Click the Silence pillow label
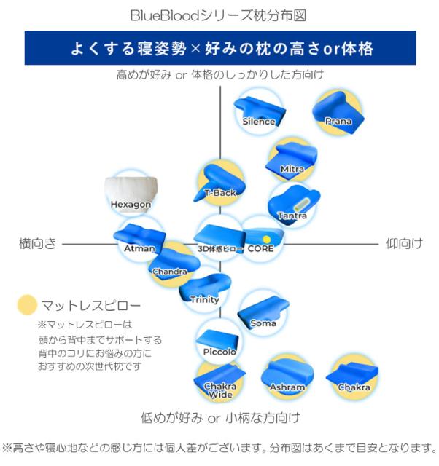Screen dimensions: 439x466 (259, 122)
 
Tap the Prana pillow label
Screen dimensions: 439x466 (338, 121)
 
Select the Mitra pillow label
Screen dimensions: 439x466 (292, 169)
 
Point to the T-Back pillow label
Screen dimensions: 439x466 (220, 193)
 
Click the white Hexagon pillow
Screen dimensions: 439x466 (131, 194)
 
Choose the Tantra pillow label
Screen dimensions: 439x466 (292, 216)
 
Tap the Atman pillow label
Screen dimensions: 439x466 (139, 248)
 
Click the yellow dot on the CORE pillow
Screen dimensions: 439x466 (267, 240)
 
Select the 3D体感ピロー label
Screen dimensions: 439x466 (221, 249)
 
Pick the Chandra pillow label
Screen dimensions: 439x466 (170, 272)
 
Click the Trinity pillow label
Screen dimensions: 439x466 (205, 299)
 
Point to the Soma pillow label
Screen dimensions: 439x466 (263, 323)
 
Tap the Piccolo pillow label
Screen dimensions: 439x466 (219, 352)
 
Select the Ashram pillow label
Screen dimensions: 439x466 (287, 387)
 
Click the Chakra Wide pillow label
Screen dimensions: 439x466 (220, 390)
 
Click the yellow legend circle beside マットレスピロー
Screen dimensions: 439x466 (27, 305)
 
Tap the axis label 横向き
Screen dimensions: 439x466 (37, 243)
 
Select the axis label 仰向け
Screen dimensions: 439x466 (405, 243)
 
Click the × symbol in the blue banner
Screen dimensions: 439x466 (195, 49)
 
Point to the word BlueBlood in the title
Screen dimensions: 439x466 (165, 15)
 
